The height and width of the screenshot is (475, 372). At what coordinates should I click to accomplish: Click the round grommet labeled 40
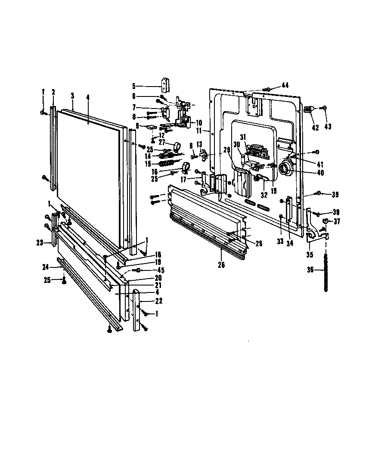point(285,169)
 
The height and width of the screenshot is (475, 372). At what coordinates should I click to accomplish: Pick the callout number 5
point(134,85)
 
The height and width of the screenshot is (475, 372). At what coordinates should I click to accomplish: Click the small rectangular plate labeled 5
point(164,84)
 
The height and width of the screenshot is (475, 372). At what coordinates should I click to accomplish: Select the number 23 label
point(40,243)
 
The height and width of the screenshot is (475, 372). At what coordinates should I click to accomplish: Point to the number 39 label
point(335,195)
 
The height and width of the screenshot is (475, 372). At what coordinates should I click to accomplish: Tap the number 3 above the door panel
point(72,96)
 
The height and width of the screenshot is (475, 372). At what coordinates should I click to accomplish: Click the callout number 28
point(258,244)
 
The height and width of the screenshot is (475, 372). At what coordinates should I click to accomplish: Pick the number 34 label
point(290,242)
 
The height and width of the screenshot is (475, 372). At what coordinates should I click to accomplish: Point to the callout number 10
point(199,123)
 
